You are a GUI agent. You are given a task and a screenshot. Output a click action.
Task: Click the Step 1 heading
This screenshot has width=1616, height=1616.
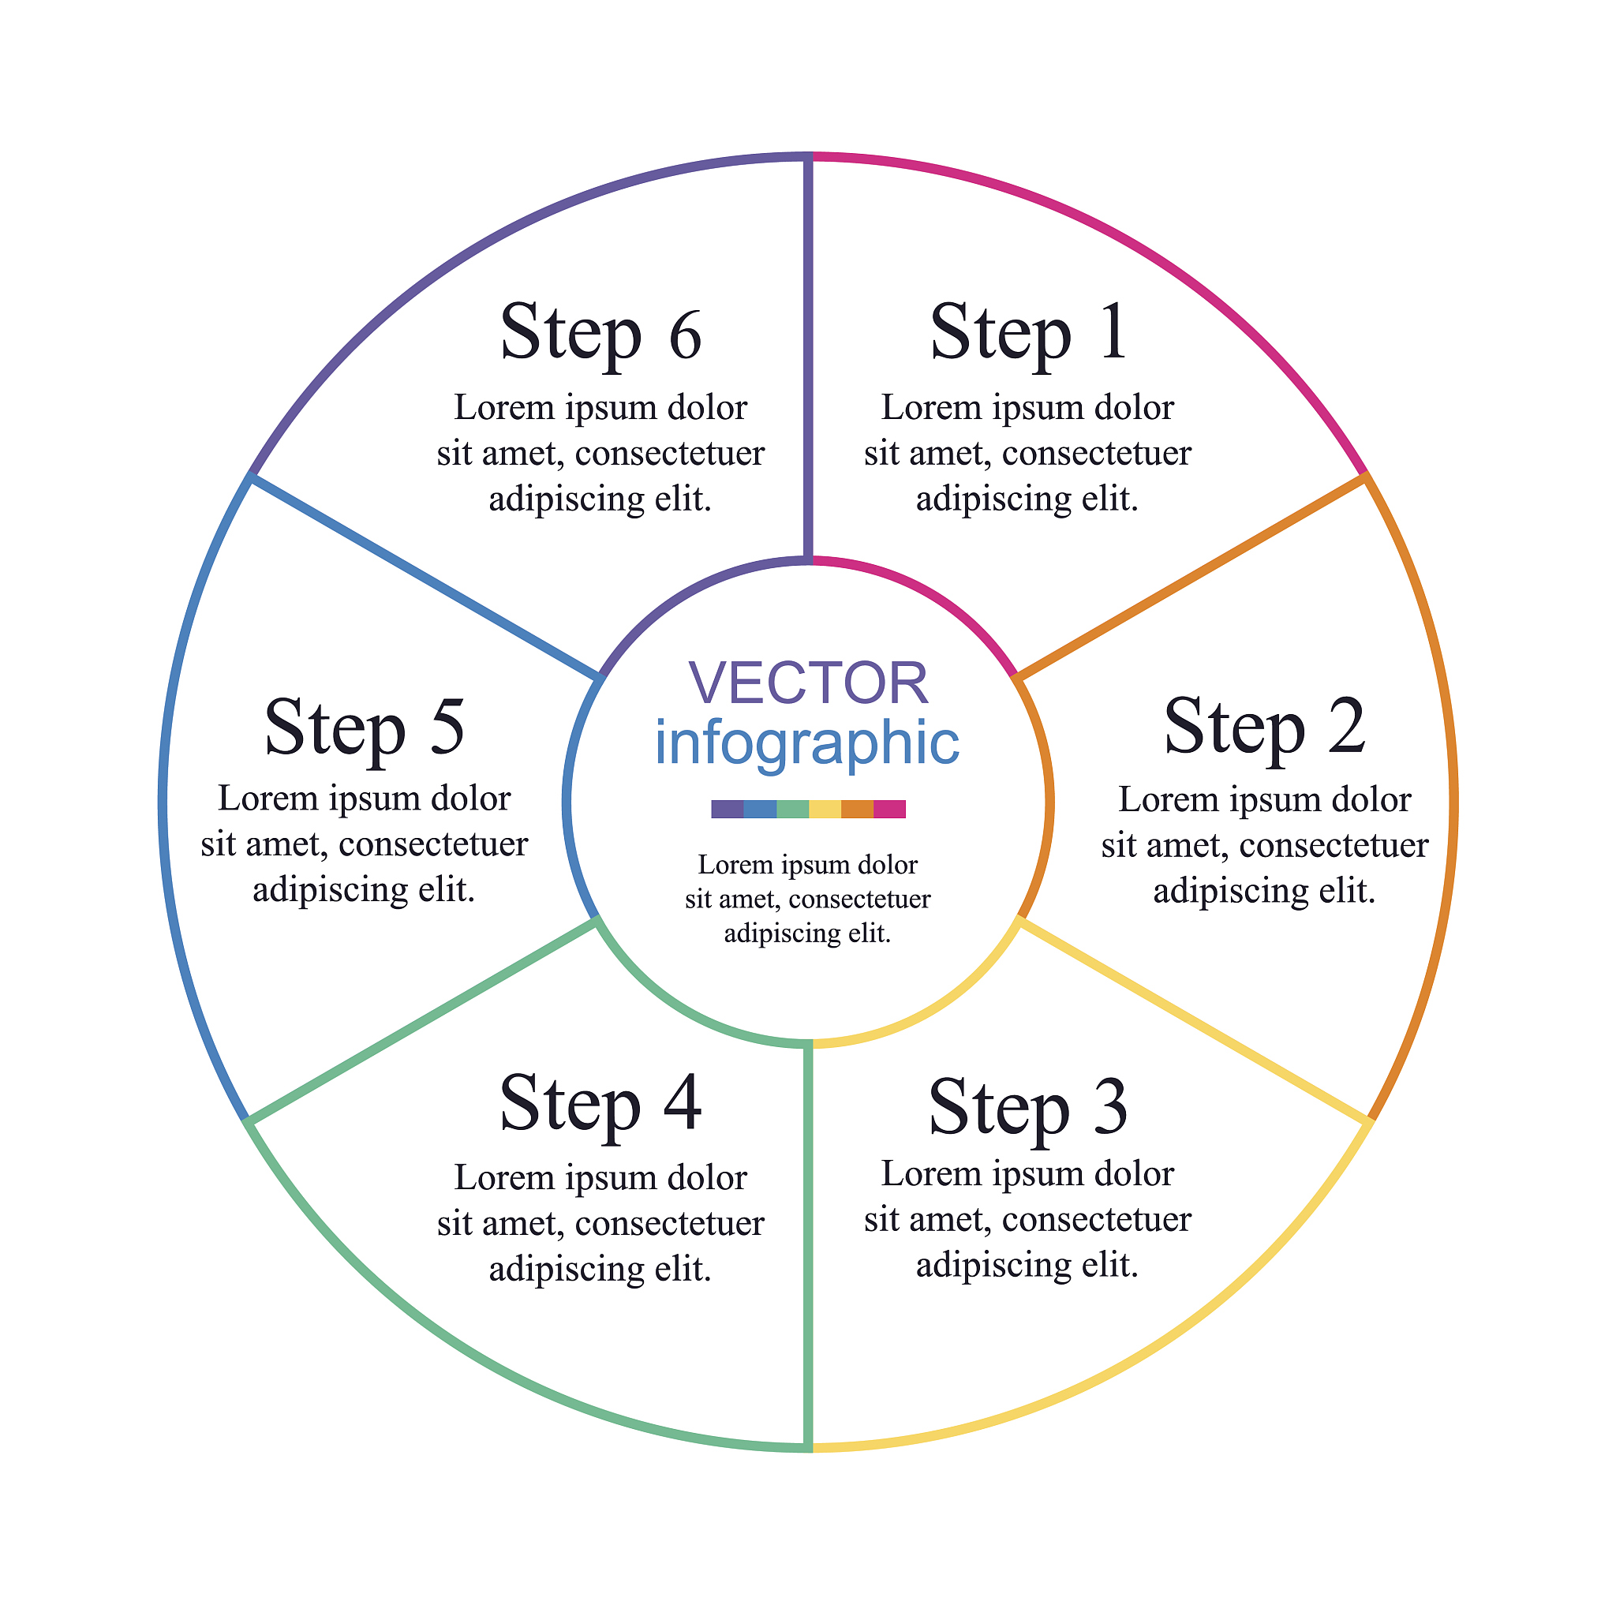[x=1029, y=333]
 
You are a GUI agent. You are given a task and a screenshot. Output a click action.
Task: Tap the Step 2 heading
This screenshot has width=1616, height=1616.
[x=1264, y=726]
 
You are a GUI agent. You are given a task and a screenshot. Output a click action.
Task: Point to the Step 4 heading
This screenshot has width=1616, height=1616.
[x=600, y=1104]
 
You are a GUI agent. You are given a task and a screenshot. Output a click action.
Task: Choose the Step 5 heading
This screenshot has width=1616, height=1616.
[x=364, y=726]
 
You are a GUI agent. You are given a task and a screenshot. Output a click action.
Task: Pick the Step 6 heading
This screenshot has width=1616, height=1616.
[x=600, y=333]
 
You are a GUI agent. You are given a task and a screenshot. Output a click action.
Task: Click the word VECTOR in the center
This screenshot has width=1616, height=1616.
[x=808, y=683]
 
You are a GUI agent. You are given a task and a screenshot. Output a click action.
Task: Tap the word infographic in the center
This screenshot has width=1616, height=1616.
[x=807, y=742]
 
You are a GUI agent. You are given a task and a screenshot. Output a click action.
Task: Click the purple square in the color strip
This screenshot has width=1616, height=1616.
[x=727, y=809]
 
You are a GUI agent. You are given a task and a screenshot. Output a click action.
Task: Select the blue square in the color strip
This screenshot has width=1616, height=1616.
[x=760, y=809]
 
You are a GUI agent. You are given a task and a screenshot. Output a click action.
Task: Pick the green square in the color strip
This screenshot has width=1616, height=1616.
[x=792, y=809]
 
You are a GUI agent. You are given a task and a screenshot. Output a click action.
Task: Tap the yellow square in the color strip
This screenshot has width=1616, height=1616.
[x=825, y=809]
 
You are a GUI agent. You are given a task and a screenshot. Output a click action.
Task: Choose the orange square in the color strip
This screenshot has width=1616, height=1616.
[x=858, y=809]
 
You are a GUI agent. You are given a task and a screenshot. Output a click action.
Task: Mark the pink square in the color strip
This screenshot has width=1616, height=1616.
[x=889, y=809]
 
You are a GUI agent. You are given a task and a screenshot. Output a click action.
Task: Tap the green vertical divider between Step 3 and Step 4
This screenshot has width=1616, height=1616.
[x=808, y=1246]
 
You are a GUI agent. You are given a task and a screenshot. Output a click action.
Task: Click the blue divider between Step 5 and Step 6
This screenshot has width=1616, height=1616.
[x=425, y=575]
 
